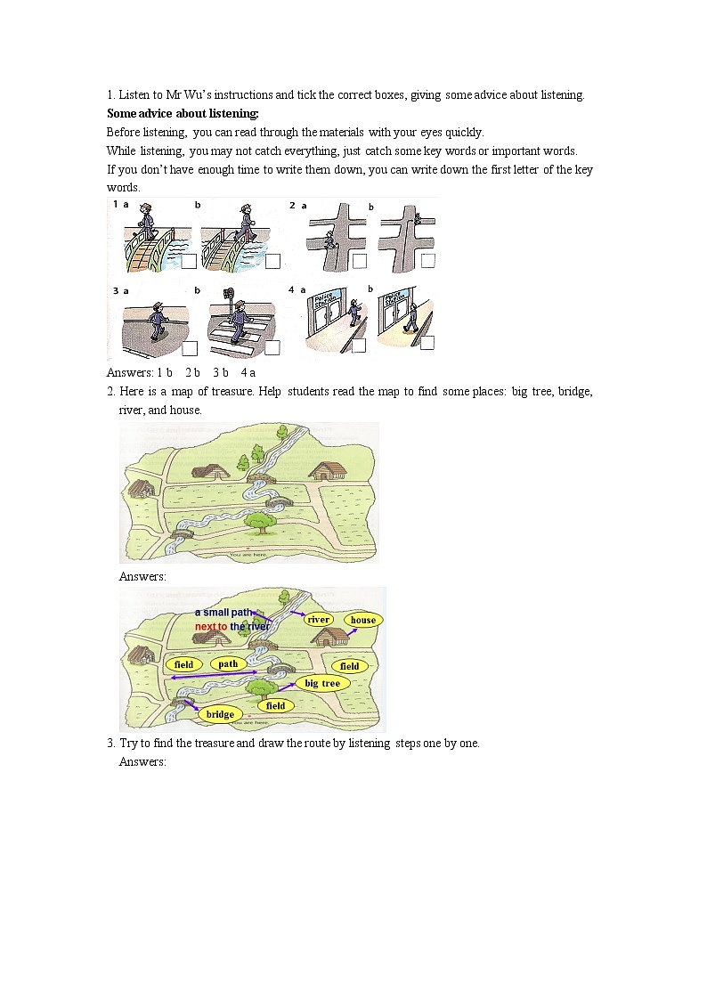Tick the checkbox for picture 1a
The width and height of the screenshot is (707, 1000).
[189, 261]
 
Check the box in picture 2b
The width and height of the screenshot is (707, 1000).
[428, 261]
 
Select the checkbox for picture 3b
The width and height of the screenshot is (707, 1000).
[272, 347]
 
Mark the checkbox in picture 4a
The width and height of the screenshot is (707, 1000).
[359, 346]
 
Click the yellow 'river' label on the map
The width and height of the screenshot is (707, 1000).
[319, 619]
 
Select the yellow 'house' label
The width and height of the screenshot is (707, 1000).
[362, 620]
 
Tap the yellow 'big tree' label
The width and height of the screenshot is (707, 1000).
[322, 683]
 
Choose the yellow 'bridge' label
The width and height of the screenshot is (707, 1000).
[220, 714]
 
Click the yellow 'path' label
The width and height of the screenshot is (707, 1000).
[228, 663]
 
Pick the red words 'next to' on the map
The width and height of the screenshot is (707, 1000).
[211, 627]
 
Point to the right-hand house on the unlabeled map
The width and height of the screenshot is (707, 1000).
[327, 469]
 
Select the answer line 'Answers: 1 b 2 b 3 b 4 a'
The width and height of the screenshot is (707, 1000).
[181, 372]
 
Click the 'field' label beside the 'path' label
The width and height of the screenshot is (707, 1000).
[183, 664]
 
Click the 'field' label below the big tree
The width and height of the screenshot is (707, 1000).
[276, 705]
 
